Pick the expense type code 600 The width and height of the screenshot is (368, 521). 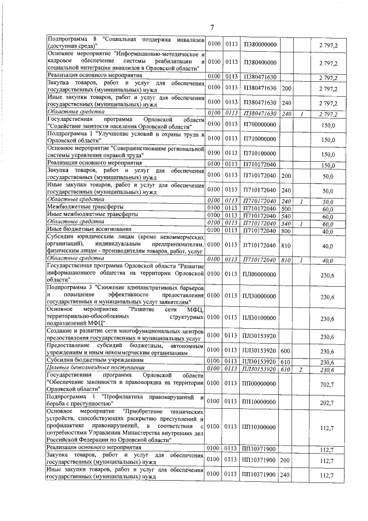(286, 351)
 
